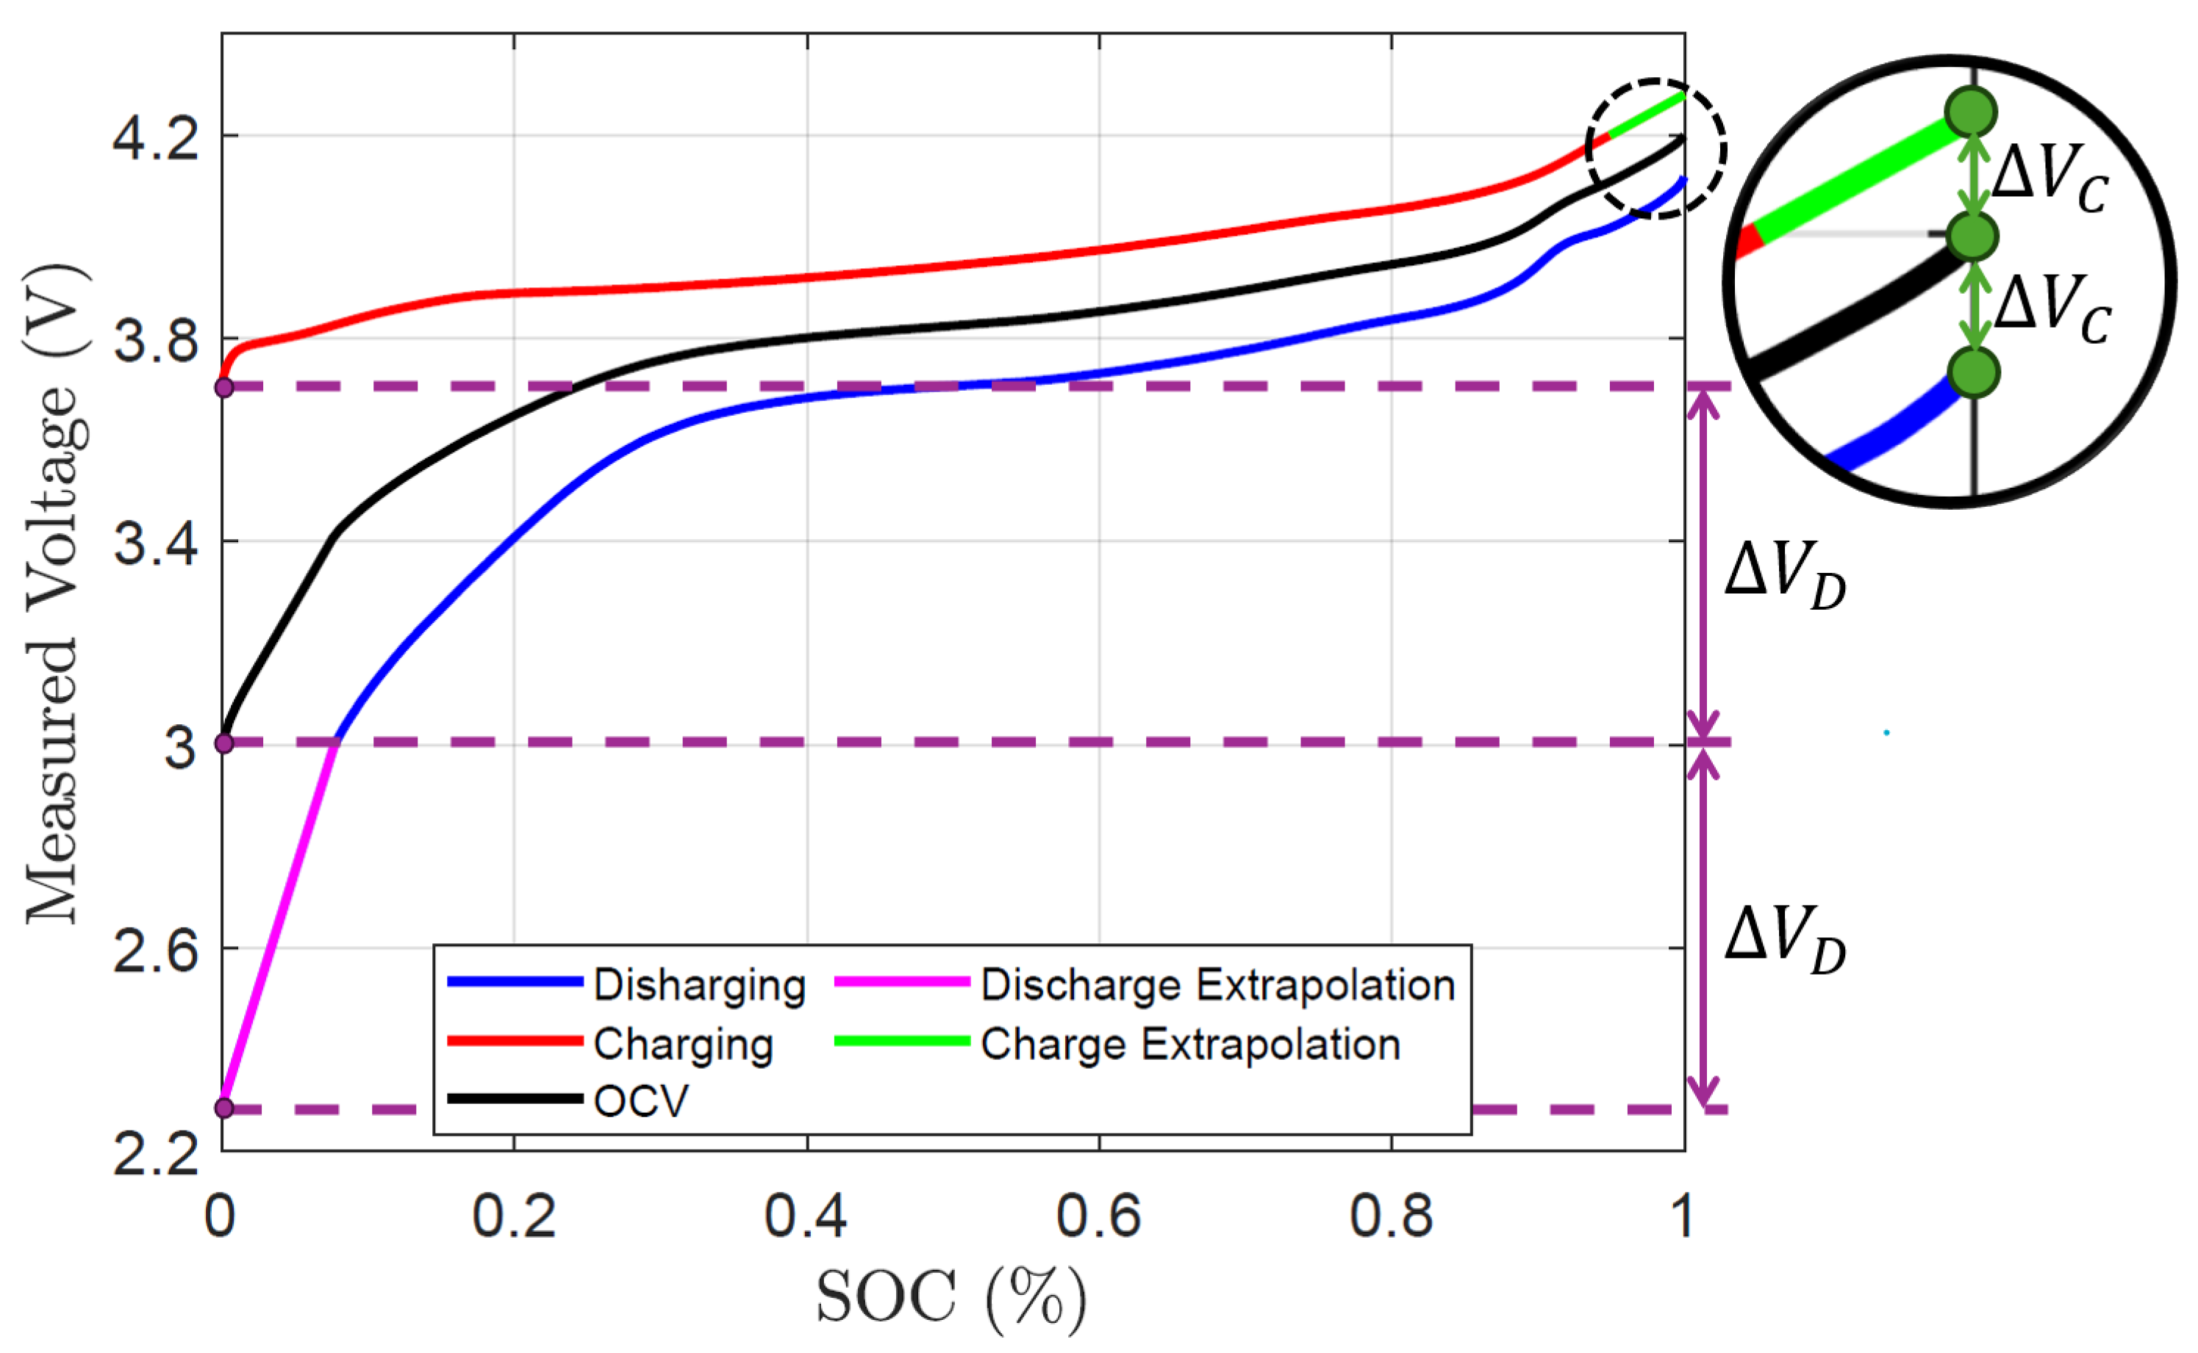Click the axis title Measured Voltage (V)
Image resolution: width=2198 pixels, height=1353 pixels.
pos(56,595)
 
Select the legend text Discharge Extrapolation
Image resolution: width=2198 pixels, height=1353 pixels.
pos(1217,985)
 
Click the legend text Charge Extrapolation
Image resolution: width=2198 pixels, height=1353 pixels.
pos(1191,1044)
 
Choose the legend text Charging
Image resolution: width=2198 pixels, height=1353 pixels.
pos(683,1044)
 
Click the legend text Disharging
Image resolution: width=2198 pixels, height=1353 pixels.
pos(699,985)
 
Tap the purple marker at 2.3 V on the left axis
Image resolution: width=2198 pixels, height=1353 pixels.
pos(223,1108)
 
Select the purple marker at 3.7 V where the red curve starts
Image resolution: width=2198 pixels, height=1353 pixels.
pos(223,388)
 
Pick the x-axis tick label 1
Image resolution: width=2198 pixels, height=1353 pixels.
pos(1681,1217)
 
